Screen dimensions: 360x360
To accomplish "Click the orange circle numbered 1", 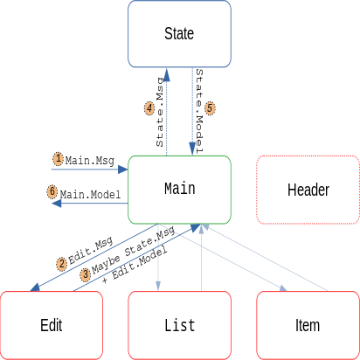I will click(x=58, y=159).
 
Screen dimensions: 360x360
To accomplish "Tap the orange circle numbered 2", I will click(x=61, y=263).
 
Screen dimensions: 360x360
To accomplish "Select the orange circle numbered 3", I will click(x=85, y=274).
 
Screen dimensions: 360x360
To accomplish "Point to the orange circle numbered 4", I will click(x=149, y=108).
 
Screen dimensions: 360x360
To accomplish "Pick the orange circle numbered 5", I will click(x=210, y=108).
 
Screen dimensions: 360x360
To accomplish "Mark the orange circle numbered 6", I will click(x=52, y=191).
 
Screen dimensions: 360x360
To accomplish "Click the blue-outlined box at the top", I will click(x=179, y=33).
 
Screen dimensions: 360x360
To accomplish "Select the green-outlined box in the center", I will click(x=179, y=190).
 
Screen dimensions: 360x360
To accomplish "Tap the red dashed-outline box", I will click(x=308, y=190).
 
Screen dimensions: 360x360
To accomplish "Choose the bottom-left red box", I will click(x=52, y=325).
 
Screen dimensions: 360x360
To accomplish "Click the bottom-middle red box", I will click(x=179, y=325).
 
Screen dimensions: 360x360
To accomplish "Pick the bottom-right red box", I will click(x=308, y=325).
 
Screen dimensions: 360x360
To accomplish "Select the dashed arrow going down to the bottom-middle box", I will click(x=158, y=258).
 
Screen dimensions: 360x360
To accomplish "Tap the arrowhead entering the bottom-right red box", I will click(x=287, y=289).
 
